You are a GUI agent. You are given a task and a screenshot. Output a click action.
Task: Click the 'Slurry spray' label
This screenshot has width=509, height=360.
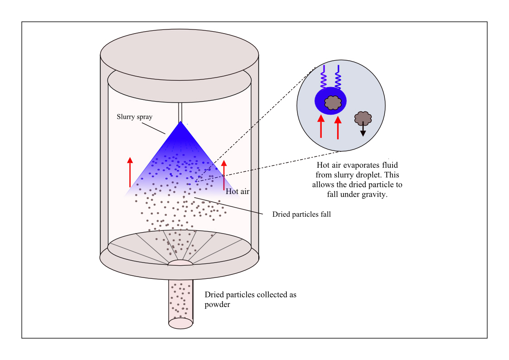(x=135, y=117)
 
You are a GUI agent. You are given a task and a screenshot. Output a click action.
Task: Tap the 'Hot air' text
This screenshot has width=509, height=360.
(x=238, y=191)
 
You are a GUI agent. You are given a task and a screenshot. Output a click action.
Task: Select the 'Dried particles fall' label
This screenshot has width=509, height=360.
(x=301, y=214)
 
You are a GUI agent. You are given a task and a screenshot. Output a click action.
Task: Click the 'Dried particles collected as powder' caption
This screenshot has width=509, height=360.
(x=250, y=299)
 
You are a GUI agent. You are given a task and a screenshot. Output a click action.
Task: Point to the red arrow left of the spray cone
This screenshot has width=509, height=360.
(x=130, y=172)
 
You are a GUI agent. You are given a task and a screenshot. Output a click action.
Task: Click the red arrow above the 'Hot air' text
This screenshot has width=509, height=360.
(x=223, y=175)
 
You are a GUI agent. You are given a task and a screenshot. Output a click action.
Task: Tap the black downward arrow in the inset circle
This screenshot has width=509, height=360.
(x=363, y=129)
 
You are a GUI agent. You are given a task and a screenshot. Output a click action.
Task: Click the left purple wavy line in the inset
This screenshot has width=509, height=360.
(x=324, y=77)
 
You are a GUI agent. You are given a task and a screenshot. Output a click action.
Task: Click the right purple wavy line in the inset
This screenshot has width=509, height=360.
(x=338, y=77)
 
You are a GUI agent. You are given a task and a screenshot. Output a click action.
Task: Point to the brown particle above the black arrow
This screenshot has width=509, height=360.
(x=363, y=118)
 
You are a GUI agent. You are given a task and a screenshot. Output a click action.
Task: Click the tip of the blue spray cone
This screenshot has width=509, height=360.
(x=180, y=123)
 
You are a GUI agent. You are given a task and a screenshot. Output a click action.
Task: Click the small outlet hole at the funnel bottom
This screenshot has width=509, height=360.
(x=180, y=263)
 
